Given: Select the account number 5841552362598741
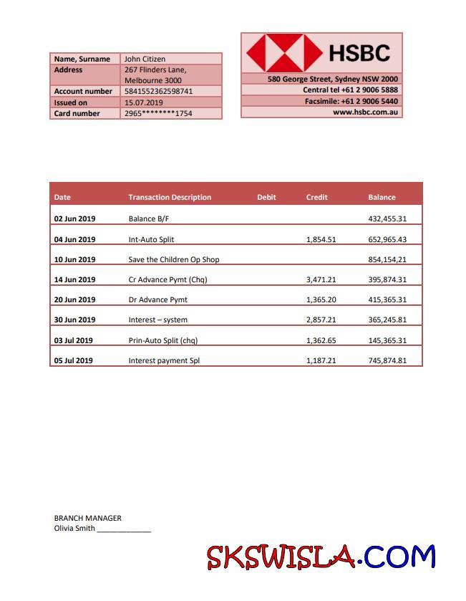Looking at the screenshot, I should [x=158, y=92].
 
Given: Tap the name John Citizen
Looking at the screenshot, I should [x=145, y=59].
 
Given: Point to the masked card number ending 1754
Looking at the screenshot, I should [x=158, y=113].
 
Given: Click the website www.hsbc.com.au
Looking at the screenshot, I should [x=366, y=112].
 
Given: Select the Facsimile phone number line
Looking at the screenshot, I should [x=351, y=101].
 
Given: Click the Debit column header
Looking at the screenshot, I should [x=266, y=197].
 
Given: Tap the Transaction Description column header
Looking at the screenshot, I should [x=170, y=197].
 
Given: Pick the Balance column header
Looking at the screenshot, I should [x=382, y=197].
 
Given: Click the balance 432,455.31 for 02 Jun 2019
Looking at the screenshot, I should [x=387, y=218].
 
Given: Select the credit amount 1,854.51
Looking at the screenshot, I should [x=321, y=240].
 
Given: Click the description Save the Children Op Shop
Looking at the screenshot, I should [x=174, y=259].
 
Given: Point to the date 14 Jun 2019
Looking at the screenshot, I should [x=74, y=279].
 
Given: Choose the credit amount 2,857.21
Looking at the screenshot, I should [x=321, y=320].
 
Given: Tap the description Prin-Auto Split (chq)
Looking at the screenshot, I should [x=162, y=340].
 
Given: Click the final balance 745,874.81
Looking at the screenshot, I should [x=387, y=360].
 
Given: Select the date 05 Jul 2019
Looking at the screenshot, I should [x=74, y=360].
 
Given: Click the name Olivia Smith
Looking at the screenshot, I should [x=74, y=528].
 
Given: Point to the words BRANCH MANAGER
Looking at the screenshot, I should [x=88, y=518].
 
